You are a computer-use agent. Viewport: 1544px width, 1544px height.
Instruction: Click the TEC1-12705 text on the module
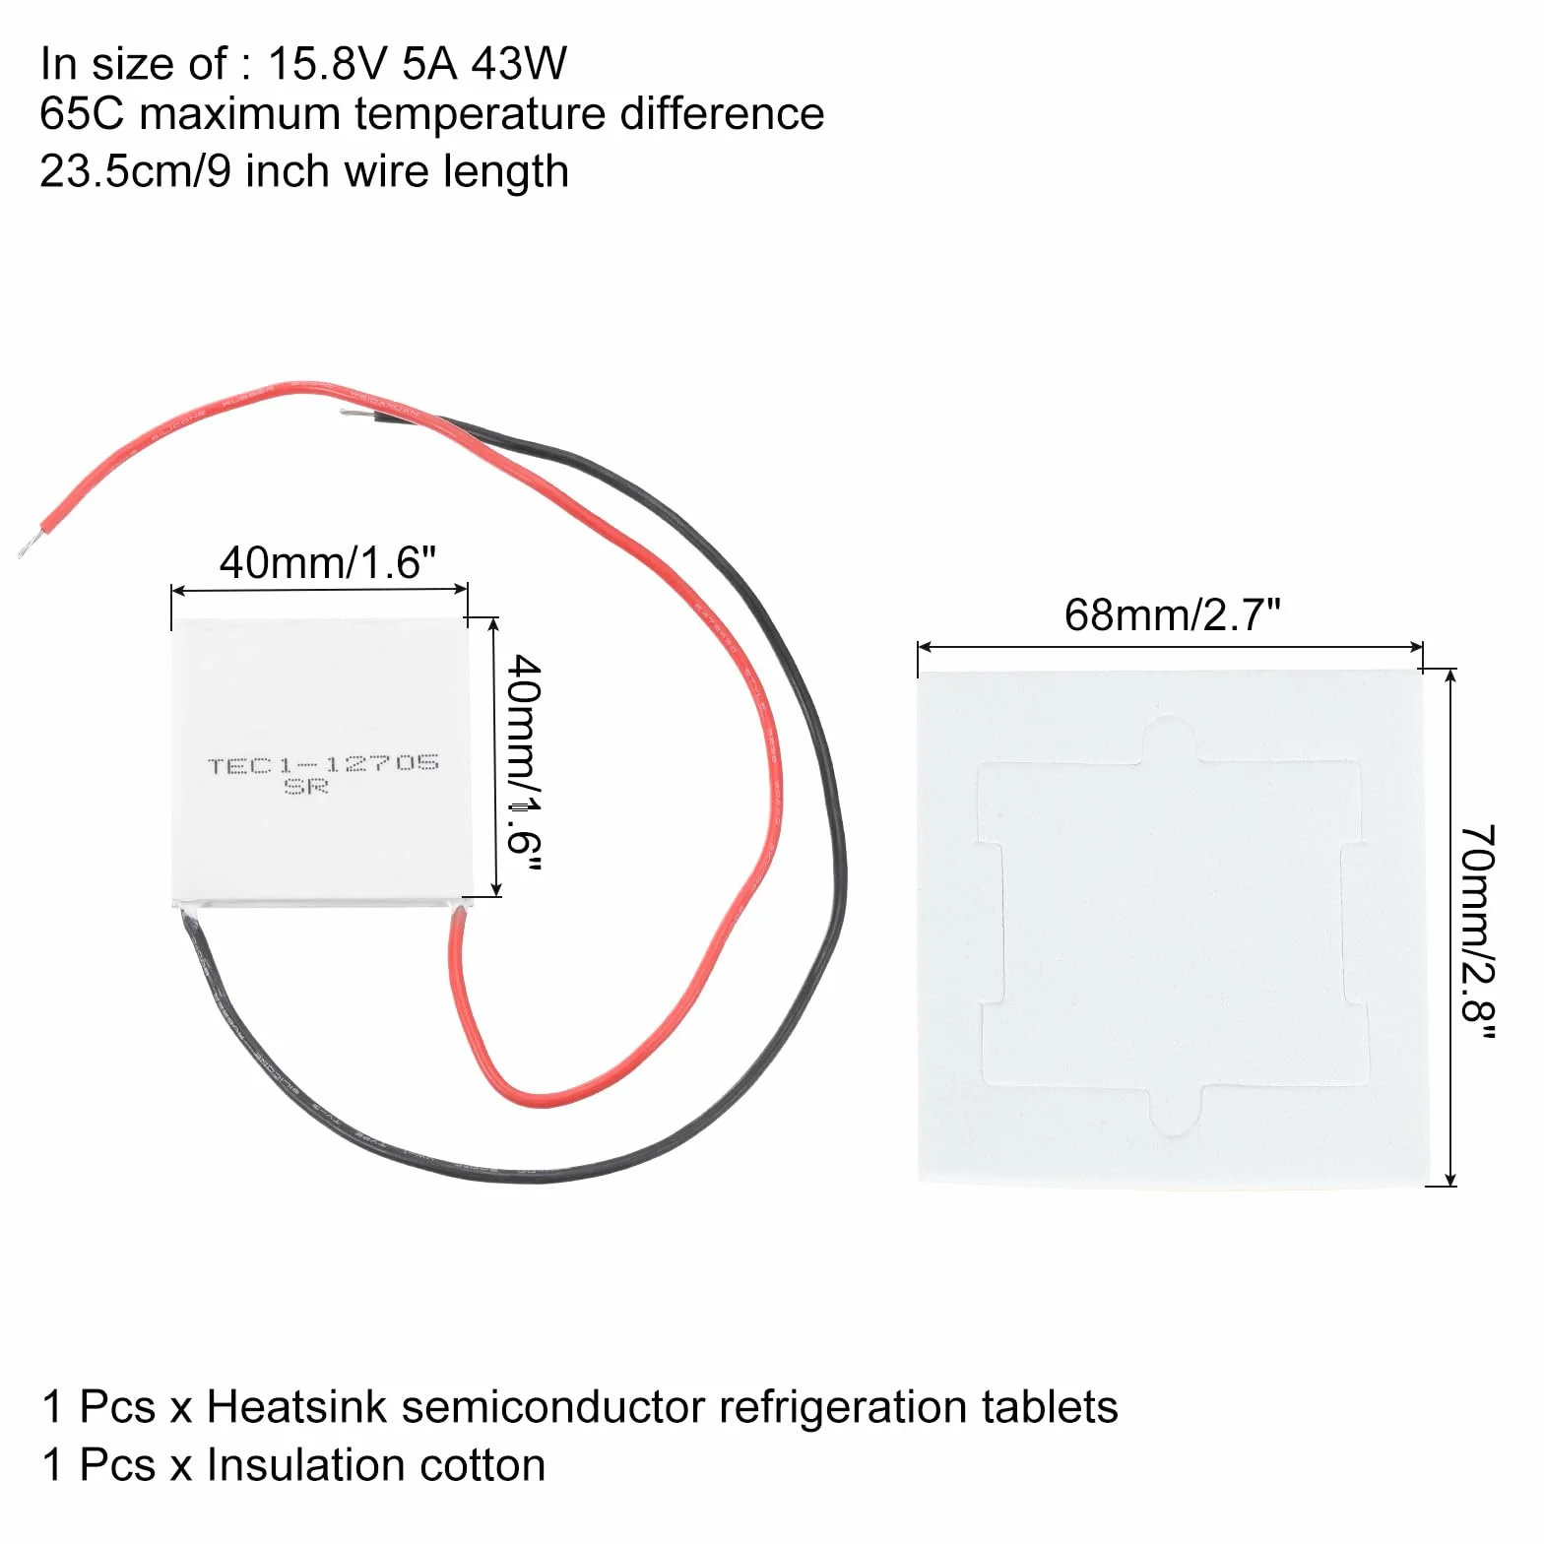[x=323, y=763]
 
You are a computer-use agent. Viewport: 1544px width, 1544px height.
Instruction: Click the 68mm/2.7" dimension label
[x=1172, y=614]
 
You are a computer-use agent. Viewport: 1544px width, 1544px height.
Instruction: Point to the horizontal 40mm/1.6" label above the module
[x=327, y=562]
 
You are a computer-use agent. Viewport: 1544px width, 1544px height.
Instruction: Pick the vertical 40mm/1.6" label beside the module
[x=523, y=764]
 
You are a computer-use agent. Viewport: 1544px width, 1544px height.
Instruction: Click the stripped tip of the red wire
[x=28, y=543]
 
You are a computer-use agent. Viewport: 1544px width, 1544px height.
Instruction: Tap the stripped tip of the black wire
[x=354, y=416]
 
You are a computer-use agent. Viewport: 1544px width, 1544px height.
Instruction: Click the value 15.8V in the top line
[x=330, y=64]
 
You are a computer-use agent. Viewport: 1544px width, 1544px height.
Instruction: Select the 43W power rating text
[x=519, y=64]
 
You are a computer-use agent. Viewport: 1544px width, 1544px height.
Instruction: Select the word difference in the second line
[x=722, y=113]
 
